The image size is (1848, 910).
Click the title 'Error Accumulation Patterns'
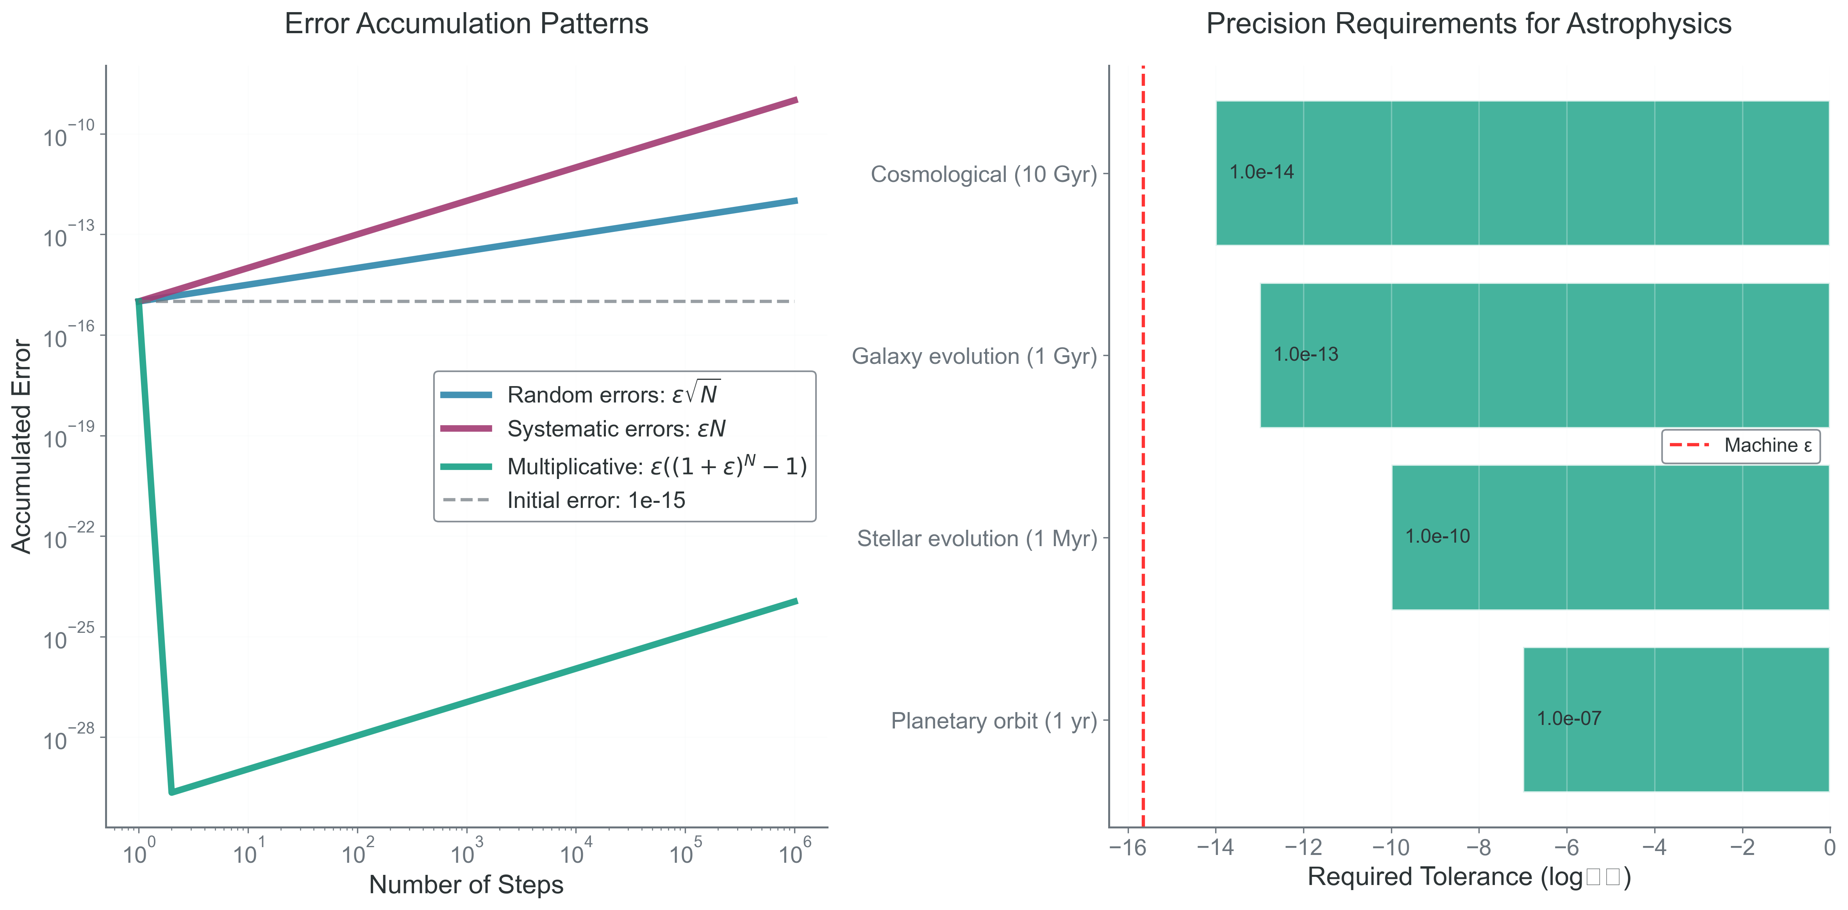[466, 24]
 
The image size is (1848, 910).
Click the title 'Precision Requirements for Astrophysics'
[1468, 24]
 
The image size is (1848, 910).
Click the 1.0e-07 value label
[1569, 719]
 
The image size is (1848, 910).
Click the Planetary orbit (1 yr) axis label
[994, 721]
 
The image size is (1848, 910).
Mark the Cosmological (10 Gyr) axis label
[984, 174]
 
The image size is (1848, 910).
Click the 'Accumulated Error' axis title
[21, 446]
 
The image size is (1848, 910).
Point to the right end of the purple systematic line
[796, 100]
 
